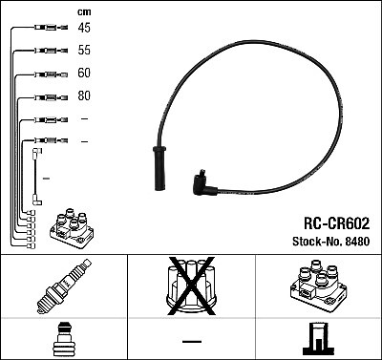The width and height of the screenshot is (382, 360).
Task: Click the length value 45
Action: point(84,28)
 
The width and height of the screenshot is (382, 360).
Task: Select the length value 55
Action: point(84,51)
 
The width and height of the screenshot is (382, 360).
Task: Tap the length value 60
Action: point(84,74)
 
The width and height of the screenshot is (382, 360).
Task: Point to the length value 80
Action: point(84,96)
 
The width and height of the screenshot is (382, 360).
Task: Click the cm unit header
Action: point(83,11)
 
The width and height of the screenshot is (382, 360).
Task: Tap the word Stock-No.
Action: point(311,243)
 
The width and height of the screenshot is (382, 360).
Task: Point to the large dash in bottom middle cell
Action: point(191,341)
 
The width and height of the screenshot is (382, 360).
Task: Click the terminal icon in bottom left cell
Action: point(63,340)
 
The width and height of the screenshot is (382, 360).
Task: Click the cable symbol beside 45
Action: point(46,29)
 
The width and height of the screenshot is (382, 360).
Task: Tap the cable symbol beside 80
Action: point(46,97)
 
